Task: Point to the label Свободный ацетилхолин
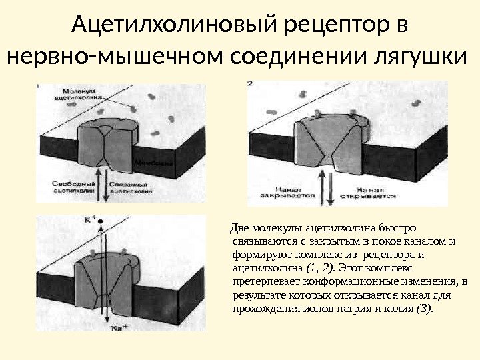pos(64,185)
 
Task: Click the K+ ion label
pos(90,218)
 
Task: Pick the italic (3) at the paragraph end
pos(424,309)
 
